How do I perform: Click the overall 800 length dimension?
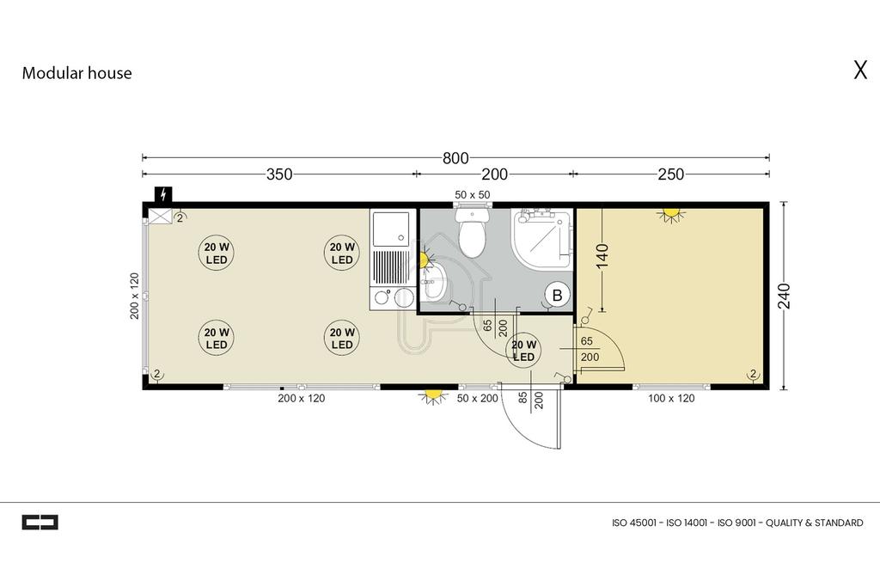455,158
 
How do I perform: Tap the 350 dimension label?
279,174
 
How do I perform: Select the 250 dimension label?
670,174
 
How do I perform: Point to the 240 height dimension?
784,296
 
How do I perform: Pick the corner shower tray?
542,238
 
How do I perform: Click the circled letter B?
557,295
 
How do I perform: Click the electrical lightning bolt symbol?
163,194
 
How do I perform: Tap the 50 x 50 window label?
473,195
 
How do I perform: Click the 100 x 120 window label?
671,399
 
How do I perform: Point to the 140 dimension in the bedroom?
602,256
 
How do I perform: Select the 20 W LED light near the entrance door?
523,350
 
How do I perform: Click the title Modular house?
76,73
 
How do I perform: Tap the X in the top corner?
860,70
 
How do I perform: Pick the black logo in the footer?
40,523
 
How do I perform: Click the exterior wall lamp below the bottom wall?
431,397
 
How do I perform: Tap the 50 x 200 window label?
477,399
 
